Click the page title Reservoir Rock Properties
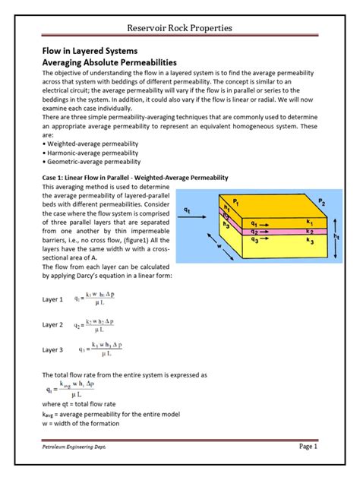(x=179, y=28)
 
